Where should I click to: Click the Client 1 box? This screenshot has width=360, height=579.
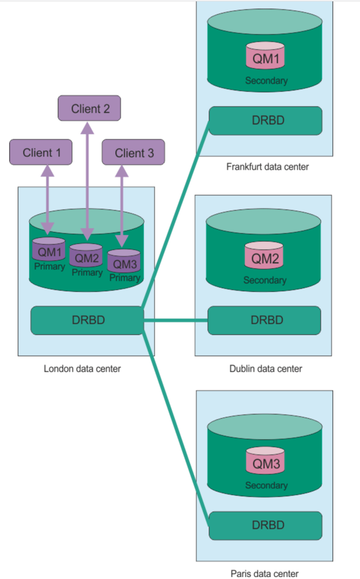coord(41,152)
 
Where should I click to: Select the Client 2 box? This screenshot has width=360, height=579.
coord(89,108)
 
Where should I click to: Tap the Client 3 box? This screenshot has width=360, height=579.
coord(134,152)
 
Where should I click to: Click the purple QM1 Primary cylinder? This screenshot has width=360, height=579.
coord(49,249)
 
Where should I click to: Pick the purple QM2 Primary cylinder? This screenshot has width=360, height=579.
coord(86,255)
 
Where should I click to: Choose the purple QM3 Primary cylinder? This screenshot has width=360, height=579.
coord(124,261)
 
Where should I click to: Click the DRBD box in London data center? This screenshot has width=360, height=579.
coord(87,320)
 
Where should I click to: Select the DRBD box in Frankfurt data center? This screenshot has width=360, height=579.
coord(265,121)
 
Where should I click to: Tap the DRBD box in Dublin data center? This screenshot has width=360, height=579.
coord(264,320)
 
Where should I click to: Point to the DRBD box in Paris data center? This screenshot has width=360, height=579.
coord(265,526)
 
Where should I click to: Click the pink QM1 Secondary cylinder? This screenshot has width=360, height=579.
coord(265,55)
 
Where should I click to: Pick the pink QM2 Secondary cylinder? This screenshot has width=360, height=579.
coord(264,255)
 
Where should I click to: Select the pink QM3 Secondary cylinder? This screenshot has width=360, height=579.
coord(265,460)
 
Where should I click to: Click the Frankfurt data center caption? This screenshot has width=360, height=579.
coord(267,167)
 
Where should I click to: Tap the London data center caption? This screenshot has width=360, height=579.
coord(83,369)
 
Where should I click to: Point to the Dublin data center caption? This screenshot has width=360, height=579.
coord(266,369)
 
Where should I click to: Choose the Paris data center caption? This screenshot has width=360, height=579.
coord(264,574)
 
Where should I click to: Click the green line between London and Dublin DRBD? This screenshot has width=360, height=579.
coord(176,320)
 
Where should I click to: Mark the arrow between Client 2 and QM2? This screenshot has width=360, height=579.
coord(87,181)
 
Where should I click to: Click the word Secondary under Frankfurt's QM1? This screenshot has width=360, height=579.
coord(267,81)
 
